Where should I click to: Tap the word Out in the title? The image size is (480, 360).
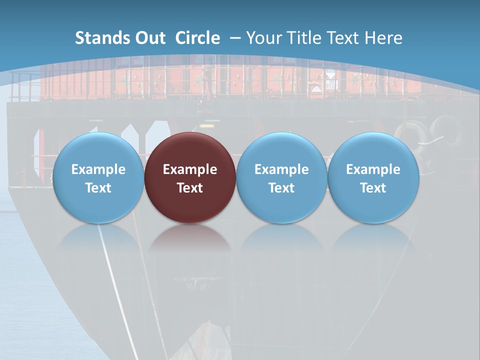pyautogui.click(x=148, y=38)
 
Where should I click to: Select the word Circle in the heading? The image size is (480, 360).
pyautogui.click(x=197, y=38)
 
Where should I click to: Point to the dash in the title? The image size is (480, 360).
pyautogui.click(x=235, y=38)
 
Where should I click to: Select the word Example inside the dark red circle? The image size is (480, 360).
pyautogui.click(x=190, y=169)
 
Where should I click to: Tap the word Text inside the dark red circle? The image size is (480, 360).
pyautogui.click(x=190, y=188)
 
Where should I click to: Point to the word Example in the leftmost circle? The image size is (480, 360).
pyautogui.click(x=98, y=169)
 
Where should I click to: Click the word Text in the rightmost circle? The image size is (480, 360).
pyautogui.click(x=373, y=188)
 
